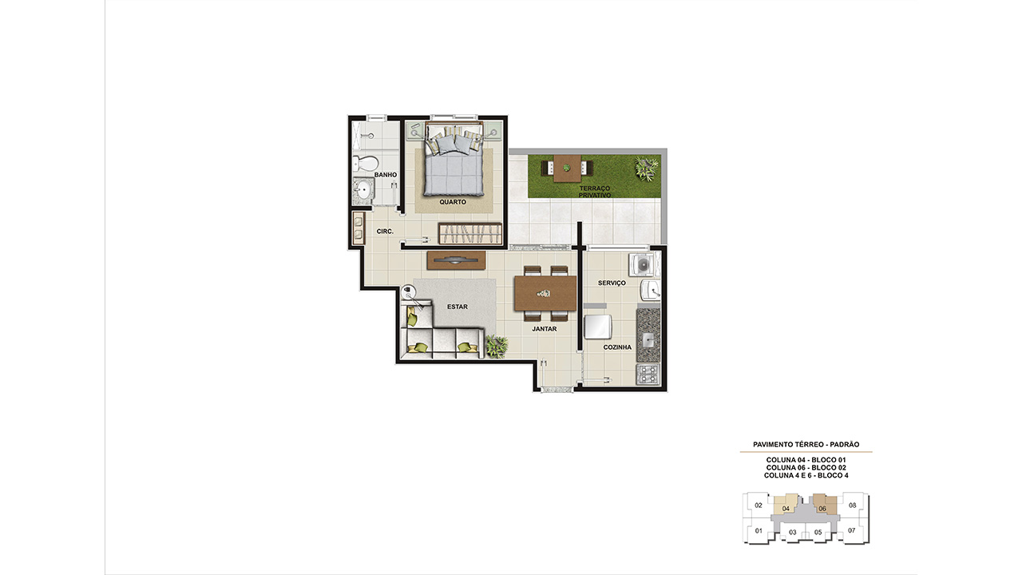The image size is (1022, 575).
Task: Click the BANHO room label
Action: coord(386,175)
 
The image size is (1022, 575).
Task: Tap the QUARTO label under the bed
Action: coord(453,202)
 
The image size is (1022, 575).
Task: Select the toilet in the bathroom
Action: coord(366,164)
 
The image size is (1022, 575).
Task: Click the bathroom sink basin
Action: coord(364,190)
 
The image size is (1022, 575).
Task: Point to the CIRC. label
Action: coord(385,232)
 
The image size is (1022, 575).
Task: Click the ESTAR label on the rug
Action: coord(458,307)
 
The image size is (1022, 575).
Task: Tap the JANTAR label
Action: coord(545,328)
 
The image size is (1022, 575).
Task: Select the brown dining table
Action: coord(545,293)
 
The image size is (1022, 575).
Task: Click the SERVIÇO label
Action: coord(612,283)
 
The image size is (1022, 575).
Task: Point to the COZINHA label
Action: coord(617,347)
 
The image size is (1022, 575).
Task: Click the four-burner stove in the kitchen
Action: coord(648,375)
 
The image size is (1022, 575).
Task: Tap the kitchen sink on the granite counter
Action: coord(648,340)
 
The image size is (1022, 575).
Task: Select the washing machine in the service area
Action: coord(641,264)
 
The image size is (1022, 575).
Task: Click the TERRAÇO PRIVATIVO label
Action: coord(595,192)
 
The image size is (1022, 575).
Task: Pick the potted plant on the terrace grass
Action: coord(647,169)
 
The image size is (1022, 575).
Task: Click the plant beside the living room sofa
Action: coord(497,346)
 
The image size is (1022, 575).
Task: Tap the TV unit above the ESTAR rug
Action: coord(456,260)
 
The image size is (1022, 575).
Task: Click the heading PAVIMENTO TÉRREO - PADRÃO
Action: coord(806,445)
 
